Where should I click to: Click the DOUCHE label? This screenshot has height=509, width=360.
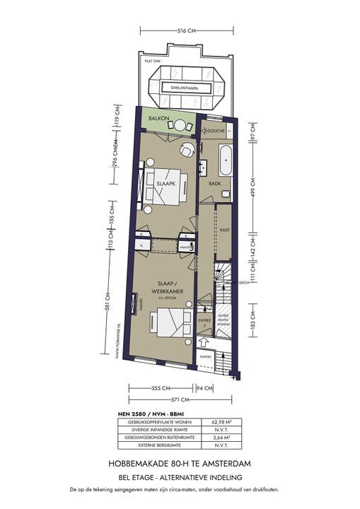[215, 131]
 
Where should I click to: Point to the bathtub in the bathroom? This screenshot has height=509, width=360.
[226, 160]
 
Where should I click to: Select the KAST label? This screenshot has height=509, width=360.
[226, 230]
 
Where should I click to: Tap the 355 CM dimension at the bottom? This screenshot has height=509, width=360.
[161, 387]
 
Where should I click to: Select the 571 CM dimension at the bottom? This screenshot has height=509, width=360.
[182, 401]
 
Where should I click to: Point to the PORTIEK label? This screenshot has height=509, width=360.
[205, 357]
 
